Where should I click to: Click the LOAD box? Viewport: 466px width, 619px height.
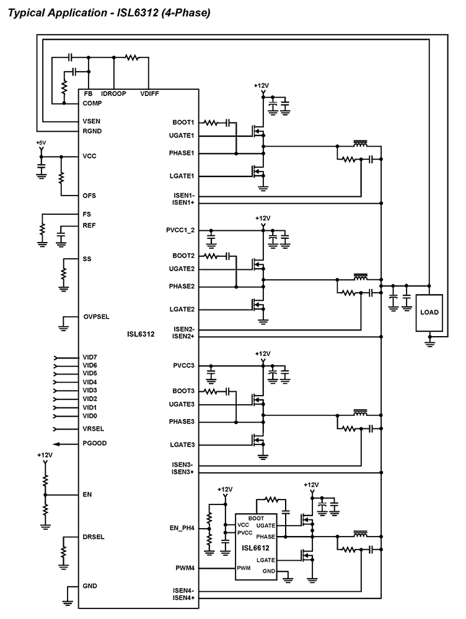[429, 312]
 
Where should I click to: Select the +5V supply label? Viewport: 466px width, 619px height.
[41, 143]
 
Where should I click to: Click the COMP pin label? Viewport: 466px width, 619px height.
[92, 103]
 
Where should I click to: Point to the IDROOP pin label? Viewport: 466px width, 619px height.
[113, 93]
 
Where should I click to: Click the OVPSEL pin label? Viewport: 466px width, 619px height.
[96, 316]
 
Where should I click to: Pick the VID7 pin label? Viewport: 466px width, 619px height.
[90, 358]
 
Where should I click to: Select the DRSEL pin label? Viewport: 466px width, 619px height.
[94, 537]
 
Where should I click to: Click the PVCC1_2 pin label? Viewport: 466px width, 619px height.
[180, 230]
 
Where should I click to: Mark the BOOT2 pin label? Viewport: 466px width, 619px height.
[183, 256]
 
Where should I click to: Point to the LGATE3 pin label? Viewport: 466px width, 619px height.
[183, 444]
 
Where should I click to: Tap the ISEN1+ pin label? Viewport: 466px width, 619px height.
[183, 202]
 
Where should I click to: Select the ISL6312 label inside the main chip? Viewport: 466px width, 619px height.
[140, 334]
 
